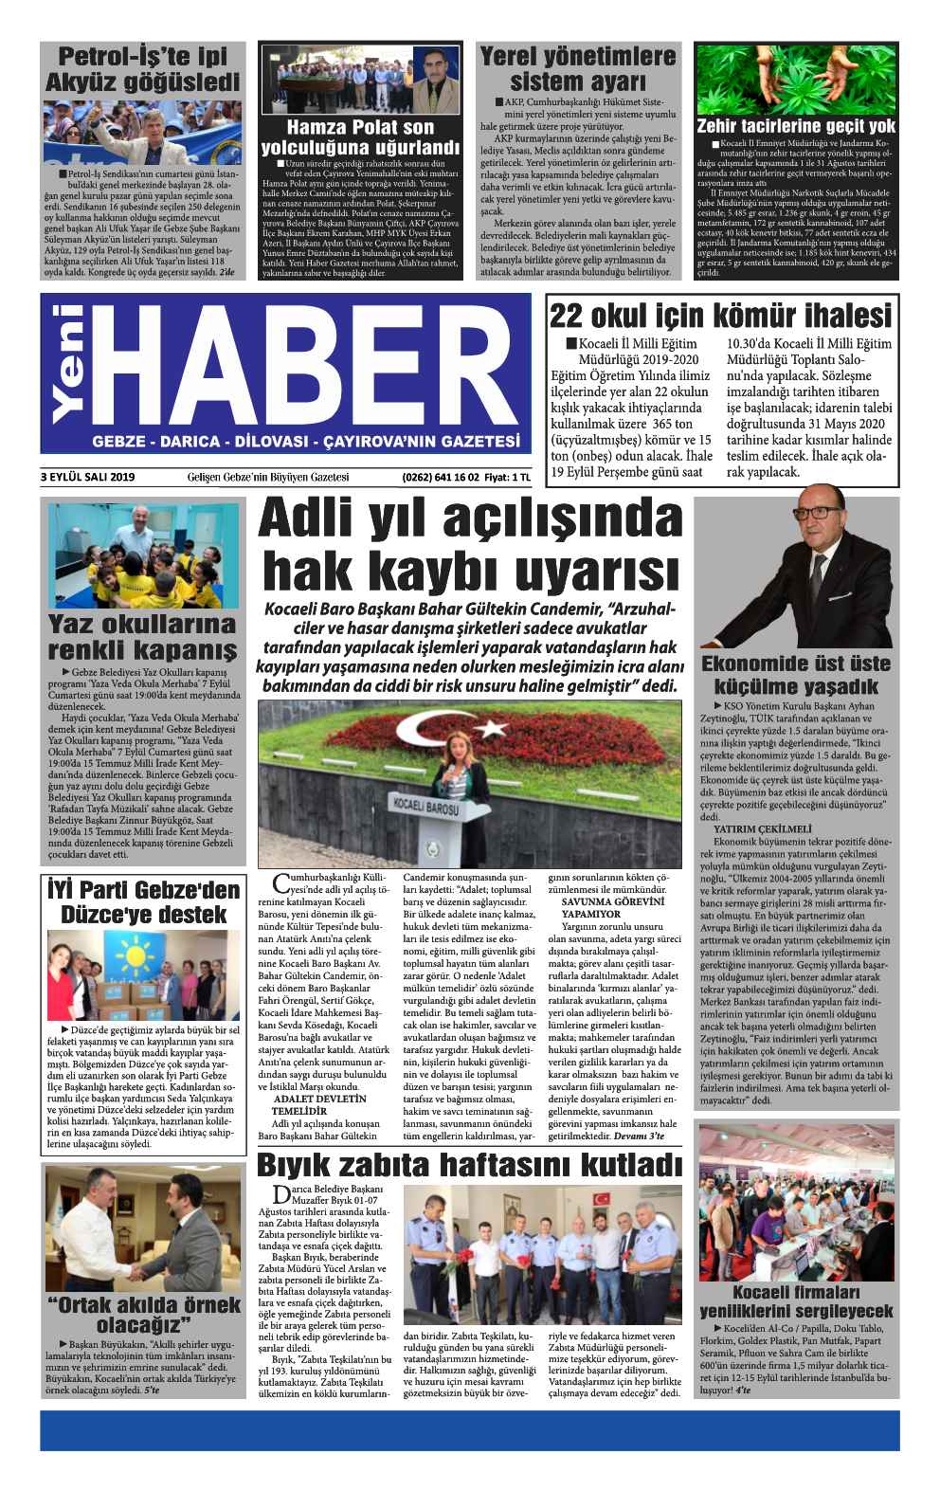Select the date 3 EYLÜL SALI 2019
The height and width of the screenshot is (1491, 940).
pos(88,477)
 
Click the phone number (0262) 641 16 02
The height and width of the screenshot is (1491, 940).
pos(440,477)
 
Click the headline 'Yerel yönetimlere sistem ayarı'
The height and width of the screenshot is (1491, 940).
pos(578,66)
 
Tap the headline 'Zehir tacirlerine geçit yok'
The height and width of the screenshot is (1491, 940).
pos(795,127)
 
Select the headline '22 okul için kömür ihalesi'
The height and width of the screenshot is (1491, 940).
pos(721,314)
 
